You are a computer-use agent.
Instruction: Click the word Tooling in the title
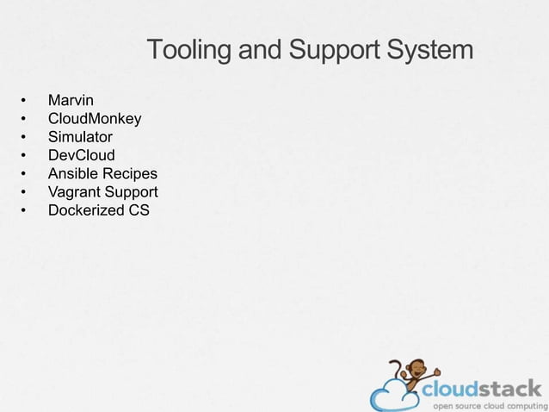(x=189, y=51)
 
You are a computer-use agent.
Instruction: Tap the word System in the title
(x=429, y=51)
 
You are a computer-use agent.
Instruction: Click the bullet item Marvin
(x=71, y=102)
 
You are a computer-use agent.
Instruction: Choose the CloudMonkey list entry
(x=95, y=119)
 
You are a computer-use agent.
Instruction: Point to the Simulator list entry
(x=80, y=137)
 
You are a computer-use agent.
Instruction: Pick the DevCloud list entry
(x=81, y=155)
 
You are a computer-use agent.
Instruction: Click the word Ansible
(x=73, y=173)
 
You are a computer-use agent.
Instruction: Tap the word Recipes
(x=130, y=173)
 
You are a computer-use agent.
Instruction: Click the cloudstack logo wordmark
(x=482, y=388)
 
